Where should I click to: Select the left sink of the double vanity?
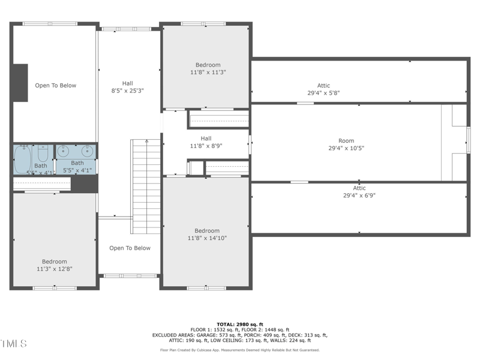point(63,150)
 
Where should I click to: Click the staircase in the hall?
point(146,186)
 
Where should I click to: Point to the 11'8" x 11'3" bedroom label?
point(208,68)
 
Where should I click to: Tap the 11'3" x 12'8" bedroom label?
point(55,265)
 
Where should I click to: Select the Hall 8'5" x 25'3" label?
point(127,87)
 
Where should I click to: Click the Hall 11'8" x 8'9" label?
point(206,142)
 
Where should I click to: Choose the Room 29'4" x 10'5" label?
point(346,145)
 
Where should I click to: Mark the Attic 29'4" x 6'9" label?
point(359,192)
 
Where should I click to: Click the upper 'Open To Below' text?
point(55,85)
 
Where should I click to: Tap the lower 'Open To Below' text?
point(130,248)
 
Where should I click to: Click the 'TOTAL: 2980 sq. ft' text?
point(239,324)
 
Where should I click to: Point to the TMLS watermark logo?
point(14,344)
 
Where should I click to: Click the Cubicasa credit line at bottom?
point(239,350)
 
